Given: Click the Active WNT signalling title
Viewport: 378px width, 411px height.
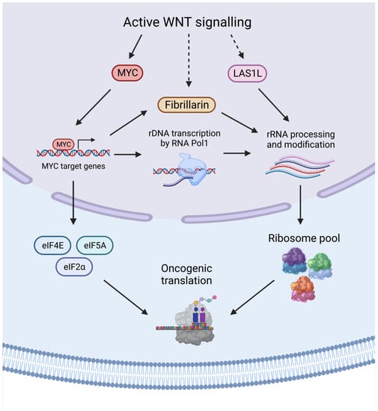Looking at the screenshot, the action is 187,22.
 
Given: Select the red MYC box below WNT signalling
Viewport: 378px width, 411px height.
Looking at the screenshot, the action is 127,72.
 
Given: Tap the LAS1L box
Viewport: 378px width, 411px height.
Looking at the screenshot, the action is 247,73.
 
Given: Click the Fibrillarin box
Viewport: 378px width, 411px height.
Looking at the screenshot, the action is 186,105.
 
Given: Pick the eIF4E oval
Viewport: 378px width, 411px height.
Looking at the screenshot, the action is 52,246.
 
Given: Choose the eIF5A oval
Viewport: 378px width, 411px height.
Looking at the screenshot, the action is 95,246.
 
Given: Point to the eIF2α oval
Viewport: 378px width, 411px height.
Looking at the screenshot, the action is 74,267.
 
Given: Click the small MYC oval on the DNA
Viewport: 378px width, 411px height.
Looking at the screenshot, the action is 64,144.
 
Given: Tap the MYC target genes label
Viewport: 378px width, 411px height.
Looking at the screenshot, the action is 73,166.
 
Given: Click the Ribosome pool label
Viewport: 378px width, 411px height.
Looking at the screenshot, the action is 304,238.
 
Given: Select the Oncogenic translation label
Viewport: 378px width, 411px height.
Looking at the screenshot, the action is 186,274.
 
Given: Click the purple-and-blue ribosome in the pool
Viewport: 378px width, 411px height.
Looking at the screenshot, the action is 294,261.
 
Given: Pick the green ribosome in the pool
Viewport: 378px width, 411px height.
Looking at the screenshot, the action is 320,266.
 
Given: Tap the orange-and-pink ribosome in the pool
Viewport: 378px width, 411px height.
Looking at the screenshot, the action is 303,289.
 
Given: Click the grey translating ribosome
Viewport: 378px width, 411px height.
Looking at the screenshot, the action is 194,322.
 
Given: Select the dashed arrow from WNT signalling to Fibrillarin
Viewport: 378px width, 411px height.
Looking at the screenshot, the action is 189,61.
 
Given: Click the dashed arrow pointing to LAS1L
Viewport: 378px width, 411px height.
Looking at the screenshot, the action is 237,46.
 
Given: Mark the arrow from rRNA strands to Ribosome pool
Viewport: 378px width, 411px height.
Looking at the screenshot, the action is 300,205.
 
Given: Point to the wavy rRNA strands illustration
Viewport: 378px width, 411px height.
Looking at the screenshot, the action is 299,167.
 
